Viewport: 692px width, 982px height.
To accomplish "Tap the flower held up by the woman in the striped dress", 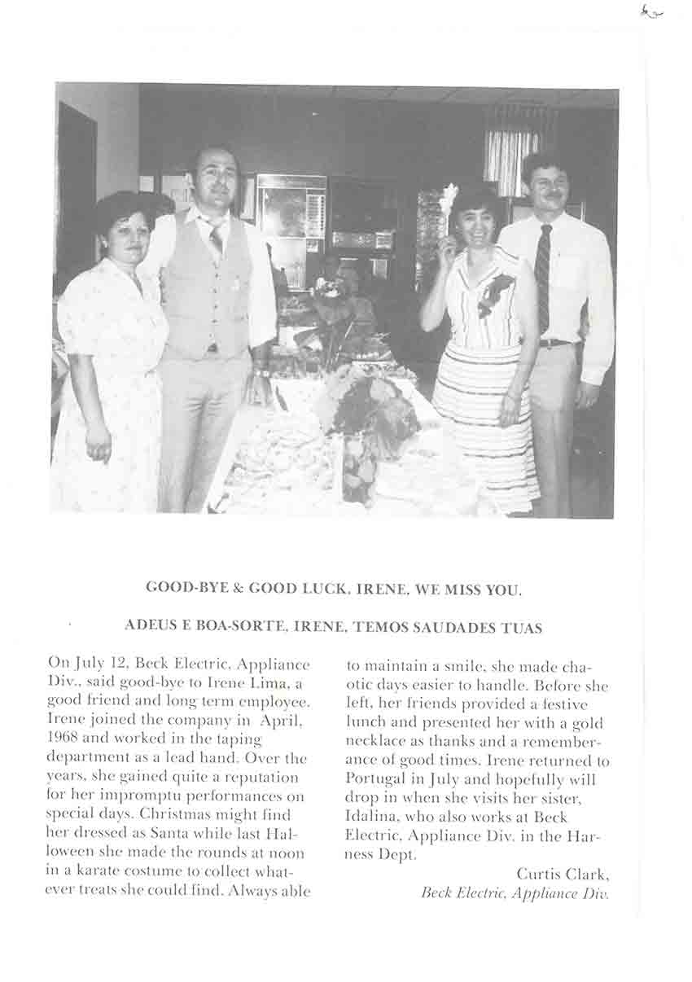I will pos(448,199).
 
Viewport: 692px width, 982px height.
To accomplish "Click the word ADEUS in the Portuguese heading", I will pos(149,627).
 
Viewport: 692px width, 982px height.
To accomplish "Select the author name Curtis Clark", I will pos(562,874).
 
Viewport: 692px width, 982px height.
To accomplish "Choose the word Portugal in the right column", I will pos(374,779).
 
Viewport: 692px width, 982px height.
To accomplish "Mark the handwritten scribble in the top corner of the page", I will pos(651,11).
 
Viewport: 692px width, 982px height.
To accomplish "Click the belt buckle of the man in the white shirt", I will pos(556,343).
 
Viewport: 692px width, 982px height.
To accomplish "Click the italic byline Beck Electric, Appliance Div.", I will pos(515,892).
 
